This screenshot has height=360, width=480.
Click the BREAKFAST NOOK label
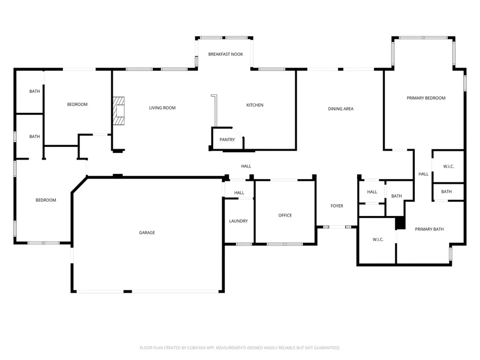point(225,54)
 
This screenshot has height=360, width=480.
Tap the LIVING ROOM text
point(162,108)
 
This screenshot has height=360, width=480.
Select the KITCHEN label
point(255,105)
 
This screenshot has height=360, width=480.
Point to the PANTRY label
point(227,140)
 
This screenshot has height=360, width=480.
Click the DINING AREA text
point(341,109)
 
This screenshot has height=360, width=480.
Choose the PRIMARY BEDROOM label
point(426,98)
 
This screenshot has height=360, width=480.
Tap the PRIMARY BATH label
point(429,229)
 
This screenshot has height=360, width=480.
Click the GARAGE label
point(147,232)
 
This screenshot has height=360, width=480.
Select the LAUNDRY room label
point(239,221)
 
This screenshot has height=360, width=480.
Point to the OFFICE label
point(285,216)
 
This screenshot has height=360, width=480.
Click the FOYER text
point(337,206)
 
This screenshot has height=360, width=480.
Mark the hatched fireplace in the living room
point(119,111)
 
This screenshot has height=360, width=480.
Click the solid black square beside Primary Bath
point(400,223)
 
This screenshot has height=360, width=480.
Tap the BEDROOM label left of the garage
point(46,200)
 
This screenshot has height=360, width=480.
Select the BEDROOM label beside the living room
point(77,105)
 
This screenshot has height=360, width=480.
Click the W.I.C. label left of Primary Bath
point(378,240)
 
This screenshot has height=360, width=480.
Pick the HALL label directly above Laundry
point(239,193)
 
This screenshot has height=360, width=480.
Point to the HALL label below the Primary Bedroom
point(423,174)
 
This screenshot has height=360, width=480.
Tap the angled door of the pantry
point(238,132)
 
